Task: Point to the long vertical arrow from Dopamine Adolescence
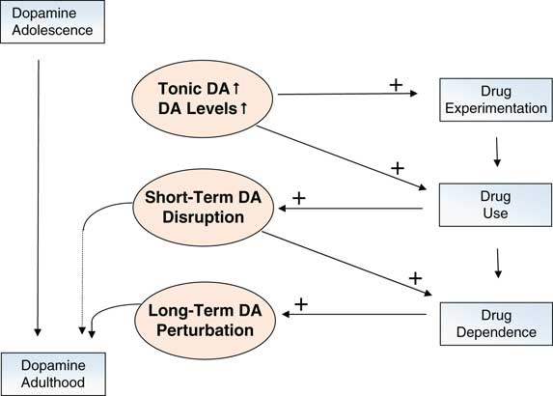[38, 193]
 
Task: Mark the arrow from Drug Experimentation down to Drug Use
[496, 151]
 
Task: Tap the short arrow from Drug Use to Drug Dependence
[496, 261]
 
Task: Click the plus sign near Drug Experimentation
[396, 85]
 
